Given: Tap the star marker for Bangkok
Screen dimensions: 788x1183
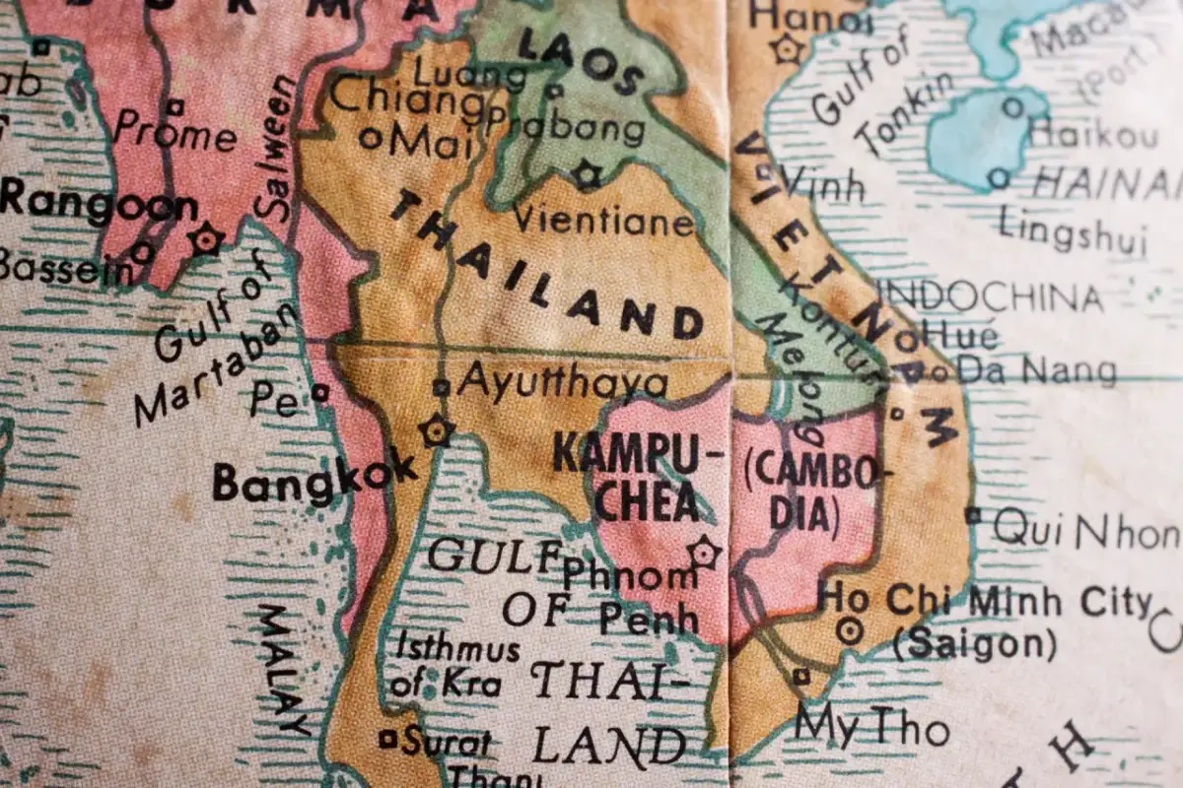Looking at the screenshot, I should pyautogui.click(x=435, y=430).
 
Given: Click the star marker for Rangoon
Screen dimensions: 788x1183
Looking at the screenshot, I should pyautogui.click(x=207, y=238).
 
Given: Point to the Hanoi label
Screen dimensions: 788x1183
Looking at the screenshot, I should pyautogui.click(x=810, y=15).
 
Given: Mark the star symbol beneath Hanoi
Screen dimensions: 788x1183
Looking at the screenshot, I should pyautogui.click(x=789, y=48).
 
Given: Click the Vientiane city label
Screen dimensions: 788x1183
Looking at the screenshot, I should pyautogui.click(x=602, y=219).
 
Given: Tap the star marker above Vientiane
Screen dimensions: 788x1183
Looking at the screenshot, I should pyautogui.click(x=588, y=175).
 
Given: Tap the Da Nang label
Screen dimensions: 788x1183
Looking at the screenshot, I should pyautogui.click(x=1037, y=370).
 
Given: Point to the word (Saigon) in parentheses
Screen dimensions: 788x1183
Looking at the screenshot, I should pyautogui.click(x=974, y=645).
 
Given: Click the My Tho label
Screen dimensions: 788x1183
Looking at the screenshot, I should pyautogui.click(x=871, y=728).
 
